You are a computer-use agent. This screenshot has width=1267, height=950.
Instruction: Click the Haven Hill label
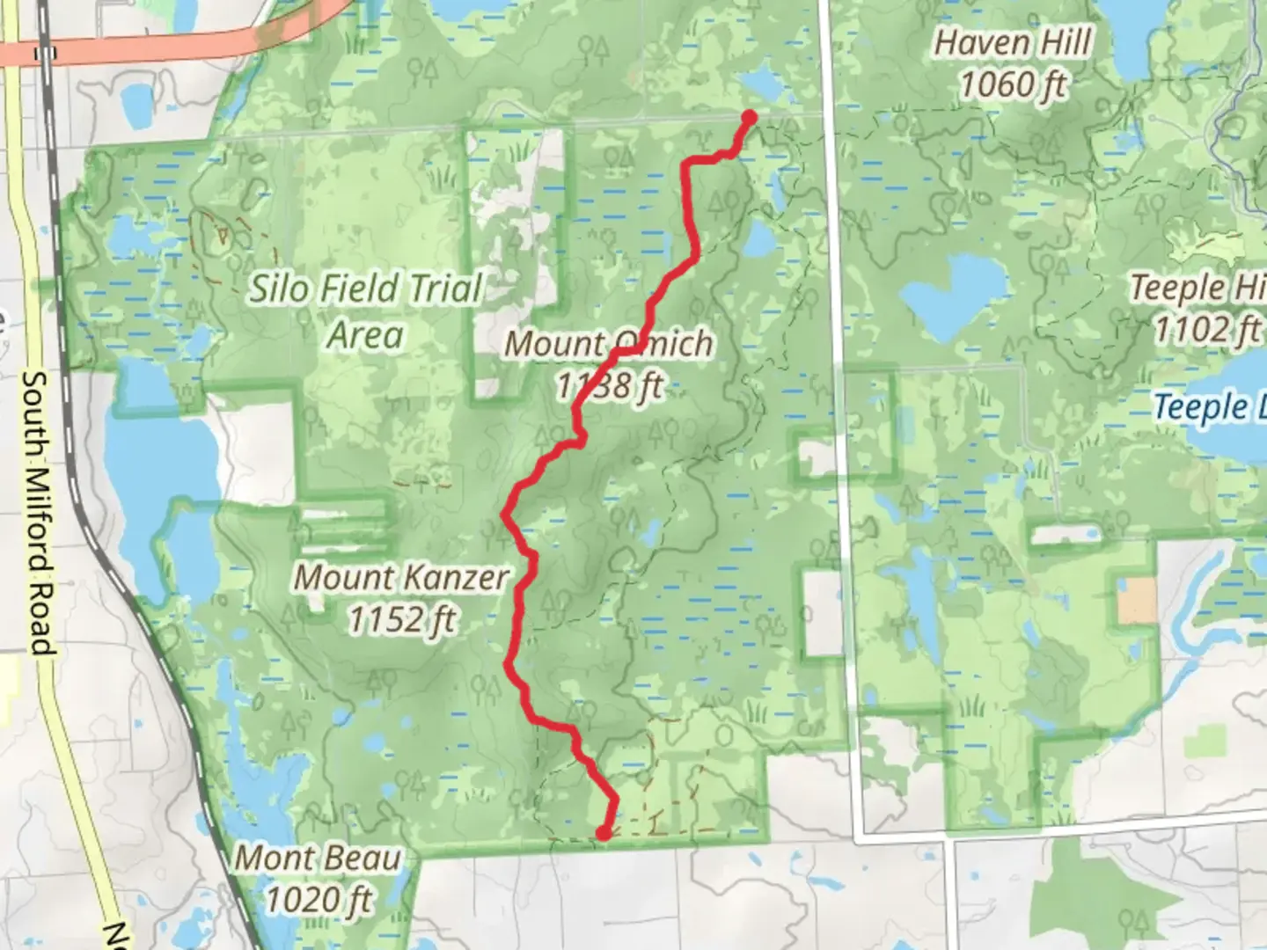click(x=1013, y=43)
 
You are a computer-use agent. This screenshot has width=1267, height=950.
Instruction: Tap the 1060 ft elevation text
click(x=1013, y=85)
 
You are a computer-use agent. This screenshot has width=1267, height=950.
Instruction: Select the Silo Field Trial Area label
click(x=365, y=311)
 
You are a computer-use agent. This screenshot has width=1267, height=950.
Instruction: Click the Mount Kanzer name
click(x=401, y=578)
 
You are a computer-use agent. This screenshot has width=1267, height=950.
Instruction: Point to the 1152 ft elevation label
click(x=401, y=620)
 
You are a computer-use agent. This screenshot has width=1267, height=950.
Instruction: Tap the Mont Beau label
click(x=318, y=858)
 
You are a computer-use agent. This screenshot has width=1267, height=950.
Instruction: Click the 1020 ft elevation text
click(x=318, y=900)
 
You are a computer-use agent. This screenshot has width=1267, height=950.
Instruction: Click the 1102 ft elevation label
click(x=1207, y=330)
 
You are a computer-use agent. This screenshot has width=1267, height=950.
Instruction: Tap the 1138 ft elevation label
click(x=609, y=385)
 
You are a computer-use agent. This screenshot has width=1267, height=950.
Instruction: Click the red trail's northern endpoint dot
click(x=750, y=117)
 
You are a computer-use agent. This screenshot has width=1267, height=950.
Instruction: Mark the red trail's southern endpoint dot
click(x=604, y=832)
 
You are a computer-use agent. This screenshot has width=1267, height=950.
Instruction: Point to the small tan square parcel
click(x=1137, y=601)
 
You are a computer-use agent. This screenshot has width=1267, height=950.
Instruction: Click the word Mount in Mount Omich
click(x=552, y=344)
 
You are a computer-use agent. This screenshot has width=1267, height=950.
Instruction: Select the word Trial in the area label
click(x=440, y=289)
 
